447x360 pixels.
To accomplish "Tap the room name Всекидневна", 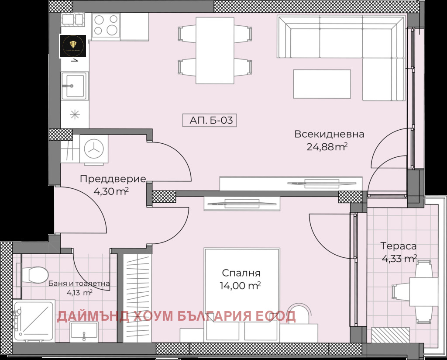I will (x=329, y=134).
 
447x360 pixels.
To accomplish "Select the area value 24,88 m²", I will (x=327, y=147).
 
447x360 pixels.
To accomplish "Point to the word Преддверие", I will (x=113, y=179).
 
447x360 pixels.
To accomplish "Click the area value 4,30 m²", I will (x=111, y=191).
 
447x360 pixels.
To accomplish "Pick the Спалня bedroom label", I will (x=241, y=273).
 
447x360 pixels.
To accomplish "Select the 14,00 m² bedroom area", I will (x=241, y=286).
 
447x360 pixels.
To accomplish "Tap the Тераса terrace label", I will (x=398, y=246).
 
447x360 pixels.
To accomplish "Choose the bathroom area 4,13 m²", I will (x=79, y=293).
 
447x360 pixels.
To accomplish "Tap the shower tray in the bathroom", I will (x=34, y=320).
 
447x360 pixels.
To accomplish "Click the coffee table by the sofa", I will (x=322, y=84).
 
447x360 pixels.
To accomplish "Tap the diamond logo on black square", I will (x=72, y=46).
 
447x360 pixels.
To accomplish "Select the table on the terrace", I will (x=423, y=291).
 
